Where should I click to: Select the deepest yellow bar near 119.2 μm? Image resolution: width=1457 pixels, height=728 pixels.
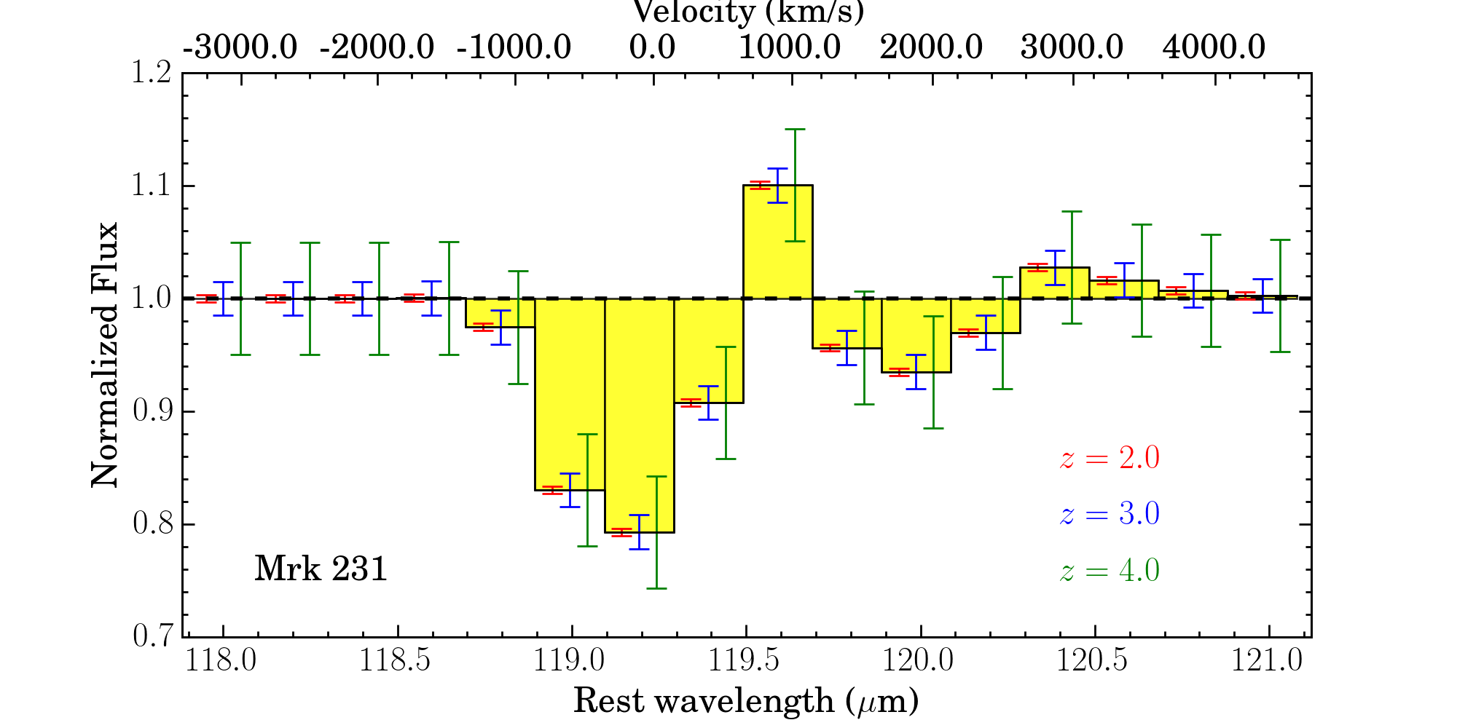639,415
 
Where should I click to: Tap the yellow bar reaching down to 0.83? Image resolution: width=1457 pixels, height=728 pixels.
570,394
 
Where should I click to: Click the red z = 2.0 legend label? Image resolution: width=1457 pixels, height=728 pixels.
1110,459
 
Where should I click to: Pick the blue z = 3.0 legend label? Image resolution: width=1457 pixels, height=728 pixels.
1110,514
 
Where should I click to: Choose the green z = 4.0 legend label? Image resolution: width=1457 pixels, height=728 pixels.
1110,570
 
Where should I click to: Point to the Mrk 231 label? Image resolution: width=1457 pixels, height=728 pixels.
321,569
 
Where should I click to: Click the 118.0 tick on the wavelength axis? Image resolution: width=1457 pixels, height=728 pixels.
221,661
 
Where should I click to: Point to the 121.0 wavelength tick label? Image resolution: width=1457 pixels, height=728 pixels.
1268,661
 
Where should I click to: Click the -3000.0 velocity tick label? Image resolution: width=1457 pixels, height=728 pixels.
240,48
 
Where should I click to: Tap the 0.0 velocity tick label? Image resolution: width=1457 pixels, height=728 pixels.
652,48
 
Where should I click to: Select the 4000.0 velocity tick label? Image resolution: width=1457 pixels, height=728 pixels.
1214,48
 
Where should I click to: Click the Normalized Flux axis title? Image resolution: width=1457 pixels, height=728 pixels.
104,355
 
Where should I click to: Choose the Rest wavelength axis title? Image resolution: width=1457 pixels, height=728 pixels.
746,701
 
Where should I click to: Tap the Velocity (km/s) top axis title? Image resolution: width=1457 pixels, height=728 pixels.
748,12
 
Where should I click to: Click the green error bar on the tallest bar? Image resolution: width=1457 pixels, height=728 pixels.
796,185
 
